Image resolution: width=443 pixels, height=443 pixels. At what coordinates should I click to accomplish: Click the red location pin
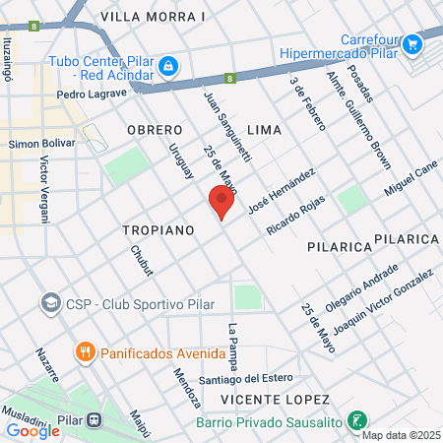point(221,202)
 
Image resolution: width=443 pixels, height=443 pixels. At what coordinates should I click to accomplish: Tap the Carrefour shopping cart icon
point(412,42)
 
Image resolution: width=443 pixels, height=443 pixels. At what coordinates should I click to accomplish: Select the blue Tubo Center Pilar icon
point(169,65)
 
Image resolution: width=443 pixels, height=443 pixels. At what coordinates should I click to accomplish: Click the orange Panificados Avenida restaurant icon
point(86,350)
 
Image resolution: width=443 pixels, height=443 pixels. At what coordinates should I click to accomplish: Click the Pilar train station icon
point(95,417)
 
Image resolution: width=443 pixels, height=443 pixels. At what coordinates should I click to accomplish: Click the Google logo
point(32,430)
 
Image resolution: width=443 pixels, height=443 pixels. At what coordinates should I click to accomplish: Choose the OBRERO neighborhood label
point(156,130)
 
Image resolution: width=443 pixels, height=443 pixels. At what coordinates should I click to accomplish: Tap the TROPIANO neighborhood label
point(156,229)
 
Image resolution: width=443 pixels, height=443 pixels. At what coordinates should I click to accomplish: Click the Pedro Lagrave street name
point(93,94)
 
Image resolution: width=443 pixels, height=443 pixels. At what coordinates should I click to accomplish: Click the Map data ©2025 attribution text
point(400,434)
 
